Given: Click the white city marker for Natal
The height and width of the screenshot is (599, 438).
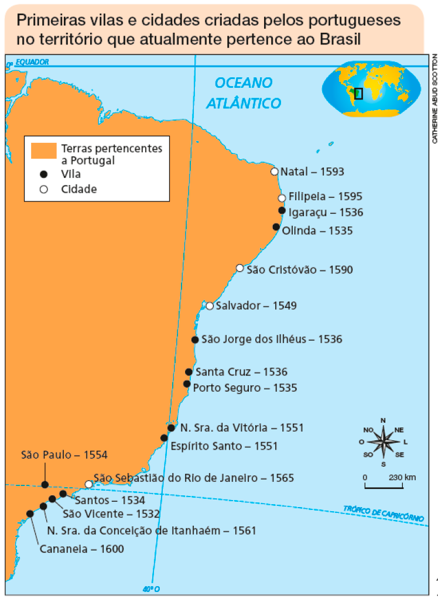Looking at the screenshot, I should pos(274,172).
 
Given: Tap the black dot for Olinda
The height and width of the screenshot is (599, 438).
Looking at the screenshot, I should pos(276,227).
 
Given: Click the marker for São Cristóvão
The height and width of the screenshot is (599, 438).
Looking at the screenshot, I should pos(239,268).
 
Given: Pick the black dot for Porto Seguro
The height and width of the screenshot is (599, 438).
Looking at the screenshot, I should pos(187,384).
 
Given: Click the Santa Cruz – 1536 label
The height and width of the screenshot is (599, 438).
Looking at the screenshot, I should pos(241,372).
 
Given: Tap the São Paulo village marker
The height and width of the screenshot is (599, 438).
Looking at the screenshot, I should pos(45,484).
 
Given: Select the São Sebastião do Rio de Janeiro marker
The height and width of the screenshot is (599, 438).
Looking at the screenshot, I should pos(88,484).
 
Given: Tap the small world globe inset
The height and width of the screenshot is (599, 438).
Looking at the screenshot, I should pos(371,91).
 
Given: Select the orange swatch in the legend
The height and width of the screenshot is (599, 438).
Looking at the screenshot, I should pos(44,150).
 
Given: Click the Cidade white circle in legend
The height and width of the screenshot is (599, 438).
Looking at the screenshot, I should pos(43,189).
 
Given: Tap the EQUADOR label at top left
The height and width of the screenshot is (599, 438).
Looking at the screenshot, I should pos(32,61).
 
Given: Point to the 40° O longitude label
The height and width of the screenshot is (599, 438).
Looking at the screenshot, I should pos(151,588).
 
